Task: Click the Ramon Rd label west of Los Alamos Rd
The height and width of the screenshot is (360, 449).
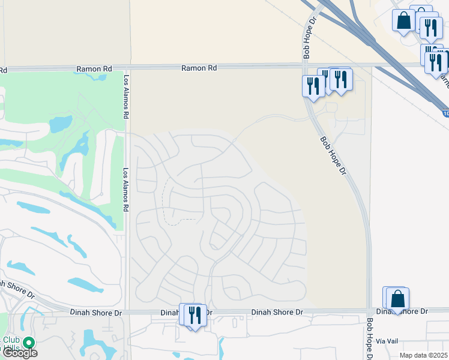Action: pyautogui.click(x=94, y=69)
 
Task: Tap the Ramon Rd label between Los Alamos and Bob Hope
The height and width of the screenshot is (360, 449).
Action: pyautogui.click(x=199, y=68)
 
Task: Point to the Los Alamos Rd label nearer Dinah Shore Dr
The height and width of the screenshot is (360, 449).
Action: pyautogui.click(x=126, y=188)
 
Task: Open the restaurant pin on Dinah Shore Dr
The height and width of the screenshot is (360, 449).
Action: pyautogui.click(x=194, y=314)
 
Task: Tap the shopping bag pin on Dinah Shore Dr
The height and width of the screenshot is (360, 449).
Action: pyautogui.click(x=397, y=298)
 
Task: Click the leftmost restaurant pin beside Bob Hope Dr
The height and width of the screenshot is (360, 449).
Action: pyautogui.click(x=313, y=86)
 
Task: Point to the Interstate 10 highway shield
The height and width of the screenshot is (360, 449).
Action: pyautogui.click(x=445, y=113)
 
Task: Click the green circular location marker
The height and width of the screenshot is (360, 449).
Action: pyautogui.click(x=28, y=343)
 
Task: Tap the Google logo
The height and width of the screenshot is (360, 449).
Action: pyautogui.click(x=19, y=353)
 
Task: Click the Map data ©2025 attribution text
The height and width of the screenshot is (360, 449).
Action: pyautogui.click(x=424, y=355)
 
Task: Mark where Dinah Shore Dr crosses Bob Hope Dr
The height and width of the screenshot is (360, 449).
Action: pyautogui.click(x=368, y=311)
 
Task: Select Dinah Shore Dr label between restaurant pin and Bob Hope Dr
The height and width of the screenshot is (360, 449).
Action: pyautogui.click(x=277, y=312)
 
